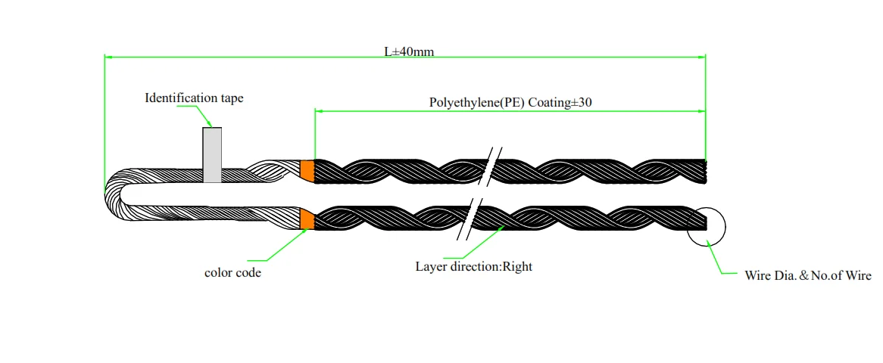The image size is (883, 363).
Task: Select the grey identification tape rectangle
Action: pyautogui.click(x=212, y=155)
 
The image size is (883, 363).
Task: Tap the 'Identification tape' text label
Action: pyautogui.click(x=194, y=98)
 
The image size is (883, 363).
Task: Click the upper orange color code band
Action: pyautogui.click(x=307, y=171)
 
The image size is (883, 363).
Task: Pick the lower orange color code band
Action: pyautogui.click(x=307, y=219)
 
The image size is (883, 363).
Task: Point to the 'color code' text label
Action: pyautogui.click(x=232, y=272)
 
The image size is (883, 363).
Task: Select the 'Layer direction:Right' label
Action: pyautogui.click(x=473, y=266)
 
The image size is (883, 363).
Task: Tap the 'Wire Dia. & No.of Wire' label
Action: pyautogui.click(x=808, y=276)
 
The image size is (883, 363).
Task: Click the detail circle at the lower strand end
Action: pyautogui.click(x=707, y=225)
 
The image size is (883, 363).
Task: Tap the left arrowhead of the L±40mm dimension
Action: pyautogui.click(x=108, y=57)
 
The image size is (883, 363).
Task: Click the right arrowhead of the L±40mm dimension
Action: pyautogui.click(x=701, y=57)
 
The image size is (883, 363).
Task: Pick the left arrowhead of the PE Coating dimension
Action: pyautogui.click(x=319, y=111)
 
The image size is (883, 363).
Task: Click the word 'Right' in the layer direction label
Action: pyautogui.click(x=516, y=266)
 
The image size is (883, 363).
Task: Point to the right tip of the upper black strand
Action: pyautogui.click(x=704, y=172)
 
